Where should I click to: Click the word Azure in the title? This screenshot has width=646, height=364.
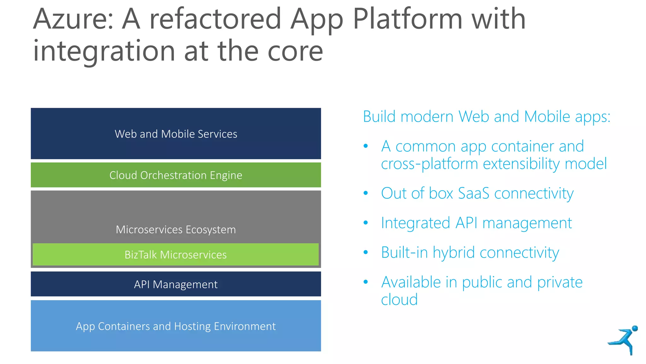(73, 20)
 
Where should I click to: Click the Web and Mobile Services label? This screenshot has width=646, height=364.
(176, 134)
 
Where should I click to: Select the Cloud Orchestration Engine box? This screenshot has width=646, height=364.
(176, 175)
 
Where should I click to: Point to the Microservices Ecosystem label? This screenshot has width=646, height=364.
(176, 229)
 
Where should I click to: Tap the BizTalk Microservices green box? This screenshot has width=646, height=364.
(176, 255)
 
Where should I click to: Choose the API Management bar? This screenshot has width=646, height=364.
(176, 284)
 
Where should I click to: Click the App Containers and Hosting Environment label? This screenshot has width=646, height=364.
(176, 326)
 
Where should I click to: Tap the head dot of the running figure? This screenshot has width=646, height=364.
(635, 329)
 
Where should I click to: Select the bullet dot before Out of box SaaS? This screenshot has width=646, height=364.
(366, 193)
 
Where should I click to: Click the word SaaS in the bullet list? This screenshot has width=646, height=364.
(473, 193)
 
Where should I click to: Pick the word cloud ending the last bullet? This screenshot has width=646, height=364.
(399, 300)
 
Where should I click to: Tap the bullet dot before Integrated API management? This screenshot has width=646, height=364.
(366, 223)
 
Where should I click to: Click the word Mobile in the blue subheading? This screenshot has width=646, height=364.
(547, 116)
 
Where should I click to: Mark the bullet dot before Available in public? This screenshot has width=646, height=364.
(366, 282)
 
